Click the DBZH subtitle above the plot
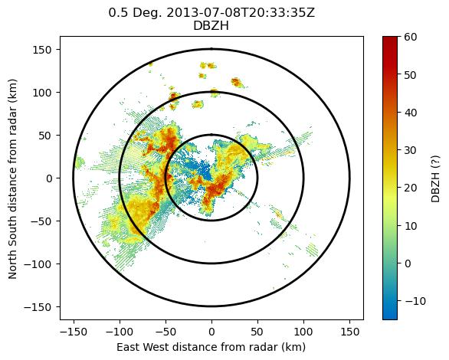211,26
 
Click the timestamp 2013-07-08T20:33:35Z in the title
241,13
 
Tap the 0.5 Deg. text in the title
135,13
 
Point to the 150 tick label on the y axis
42,50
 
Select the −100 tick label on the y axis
38,263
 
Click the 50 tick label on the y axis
45,136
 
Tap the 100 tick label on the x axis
303,332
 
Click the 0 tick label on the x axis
211,332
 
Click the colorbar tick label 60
411,37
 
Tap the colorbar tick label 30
411,150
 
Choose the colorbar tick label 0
407,263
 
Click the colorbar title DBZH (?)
435,179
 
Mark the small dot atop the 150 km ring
211,49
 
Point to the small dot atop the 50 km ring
211,135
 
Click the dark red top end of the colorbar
390,38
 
